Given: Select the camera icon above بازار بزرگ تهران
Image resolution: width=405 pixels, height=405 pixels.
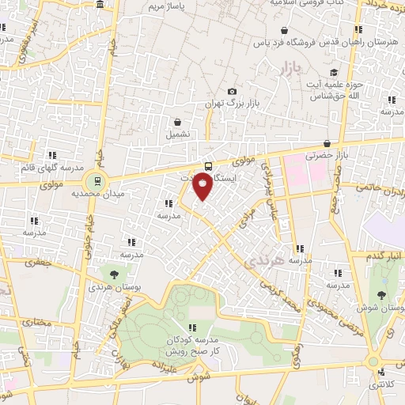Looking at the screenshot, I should tap(231, 91).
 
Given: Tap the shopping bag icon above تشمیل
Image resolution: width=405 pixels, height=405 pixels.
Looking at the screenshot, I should tap(178, 123).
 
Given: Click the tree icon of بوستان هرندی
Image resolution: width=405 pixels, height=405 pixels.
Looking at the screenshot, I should tap(115, 274).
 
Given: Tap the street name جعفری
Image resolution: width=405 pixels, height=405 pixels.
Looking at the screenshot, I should tap(34, 261).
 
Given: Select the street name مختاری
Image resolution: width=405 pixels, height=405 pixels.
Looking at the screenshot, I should tap(36, 322).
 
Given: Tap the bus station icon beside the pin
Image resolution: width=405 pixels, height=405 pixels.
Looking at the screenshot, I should tap(208, 166).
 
